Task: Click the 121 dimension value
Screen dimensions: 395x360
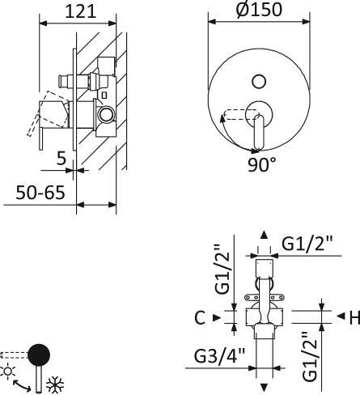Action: [x=79, y=11]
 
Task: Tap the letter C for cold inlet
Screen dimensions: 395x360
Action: [x=199, y=317]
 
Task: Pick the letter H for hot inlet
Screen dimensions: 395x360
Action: [x=353, y=316]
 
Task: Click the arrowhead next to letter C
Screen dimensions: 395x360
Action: [x=216, y=317]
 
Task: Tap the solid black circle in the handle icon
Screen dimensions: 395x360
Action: [x=39, y=355]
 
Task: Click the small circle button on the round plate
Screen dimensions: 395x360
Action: [x=258, y=80]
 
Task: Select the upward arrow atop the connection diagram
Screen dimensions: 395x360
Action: [x=263, y=235]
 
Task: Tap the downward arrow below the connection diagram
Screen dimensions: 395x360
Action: [x=263, y=388]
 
